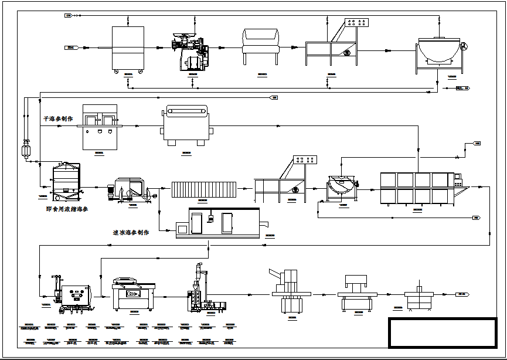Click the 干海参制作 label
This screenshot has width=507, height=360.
point(58,119)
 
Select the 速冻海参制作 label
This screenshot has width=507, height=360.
point(130,232)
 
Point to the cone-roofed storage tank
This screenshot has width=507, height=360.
point(65,179)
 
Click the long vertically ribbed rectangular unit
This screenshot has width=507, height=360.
point(203,189)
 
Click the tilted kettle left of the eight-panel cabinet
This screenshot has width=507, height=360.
point(342,186)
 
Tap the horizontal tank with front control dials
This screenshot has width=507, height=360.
point(75,294)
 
